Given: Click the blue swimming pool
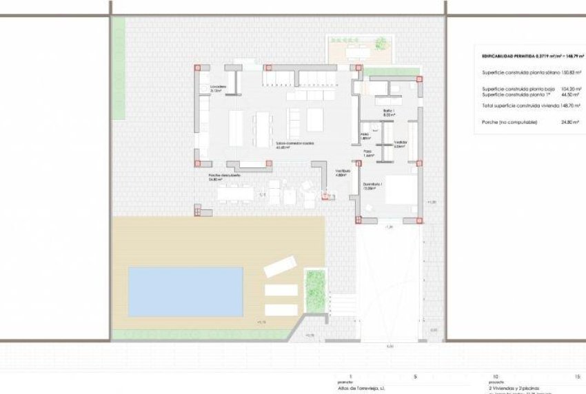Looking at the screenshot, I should tap(185, 291).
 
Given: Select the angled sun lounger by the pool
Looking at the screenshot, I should tap(279, 267).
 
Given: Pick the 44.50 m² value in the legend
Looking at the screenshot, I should tap(566, 95).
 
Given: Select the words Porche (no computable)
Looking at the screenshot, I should tap(506, 121).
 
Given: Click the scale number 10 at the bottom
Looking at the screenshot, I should tap(495, 377).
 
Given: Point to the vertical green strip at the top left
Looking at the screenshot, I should tap(119, 65).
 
